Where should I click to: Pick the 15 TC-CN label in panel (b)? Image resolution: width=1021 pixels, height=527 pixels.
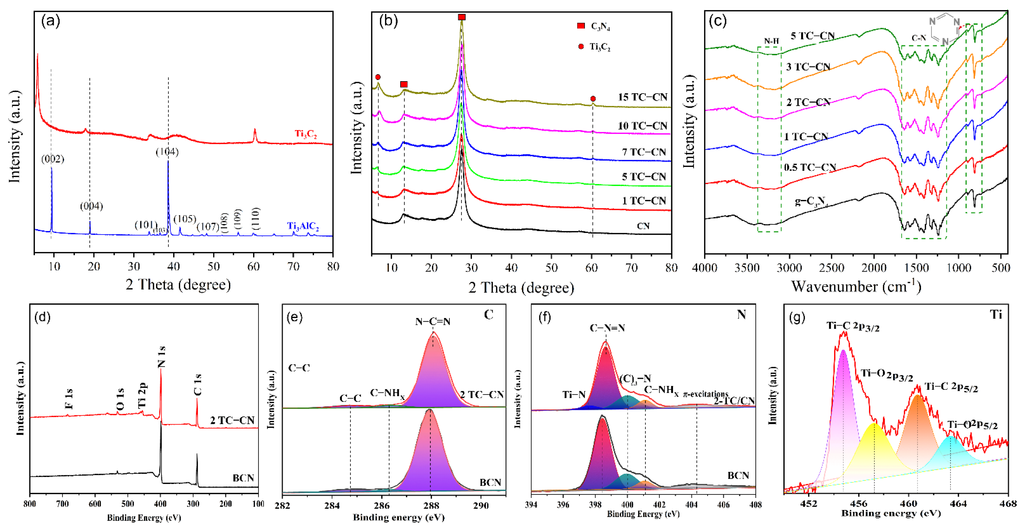point(642,97)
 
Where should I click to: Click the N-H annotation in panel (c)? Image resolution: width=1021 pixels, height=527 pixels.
point(771,41)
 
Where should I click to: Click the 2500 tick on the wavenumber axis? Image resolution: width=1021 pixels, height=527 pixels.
point(831,268)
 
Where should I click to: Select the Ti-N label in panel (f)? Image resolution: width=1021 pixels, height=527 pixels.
point(574,395)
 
